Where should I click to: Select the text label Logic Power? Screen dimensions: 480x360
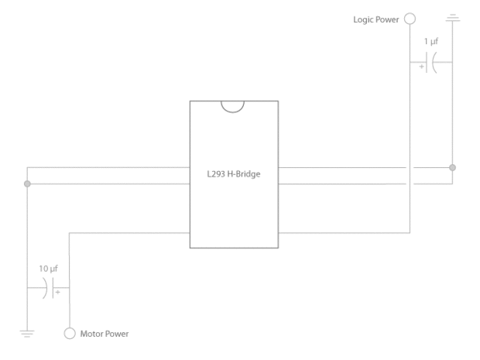(x=376, y=19)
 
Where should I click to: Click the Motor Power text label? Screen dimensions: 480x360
(x=105, y=334)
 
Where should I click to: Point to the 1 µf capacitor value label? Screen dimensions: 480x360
(x=431, y=41)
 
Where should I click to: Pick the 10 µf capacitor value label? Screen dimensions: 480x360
(x=48, y=269)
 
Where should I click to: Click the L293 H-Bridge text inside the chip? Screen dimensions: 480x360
(x=234, y=174)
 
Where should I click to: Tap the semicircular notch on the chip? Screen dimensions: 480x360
(x=233, y=111)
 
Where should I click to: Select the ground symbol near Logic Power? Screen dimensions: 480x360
(x=453, y=18)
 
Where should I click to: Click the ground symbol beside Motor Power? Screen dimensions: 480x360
(x=27, y=334)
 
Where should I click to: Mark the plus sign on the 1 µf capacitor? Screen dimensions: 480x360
(x=421, y=67)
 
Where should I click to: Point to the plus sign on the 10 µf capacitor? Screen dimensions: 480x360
(x=57, y=293)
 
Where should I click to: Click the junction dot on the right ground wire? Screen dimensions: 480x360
(x=452, y=167)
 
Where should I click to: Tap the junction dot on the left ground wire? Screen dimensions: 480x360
(x=27, y=183)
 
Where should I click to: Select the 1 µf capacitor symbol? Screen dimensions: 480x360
(x=431, y=63)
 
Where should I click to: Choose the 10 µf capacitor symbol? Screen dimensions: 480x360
(x=47, y=288)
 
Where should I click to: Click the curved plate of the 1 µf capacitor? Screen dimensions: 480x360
(x=432, y=63)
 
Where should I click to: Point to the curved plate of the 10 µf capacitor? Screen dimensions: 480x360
(x=46, y=288)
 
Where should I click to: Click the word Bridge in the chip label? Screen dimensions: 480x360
(x=248, y=174)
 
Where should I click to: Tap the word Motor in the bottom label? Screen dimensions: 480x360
(x=91, y=334)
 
